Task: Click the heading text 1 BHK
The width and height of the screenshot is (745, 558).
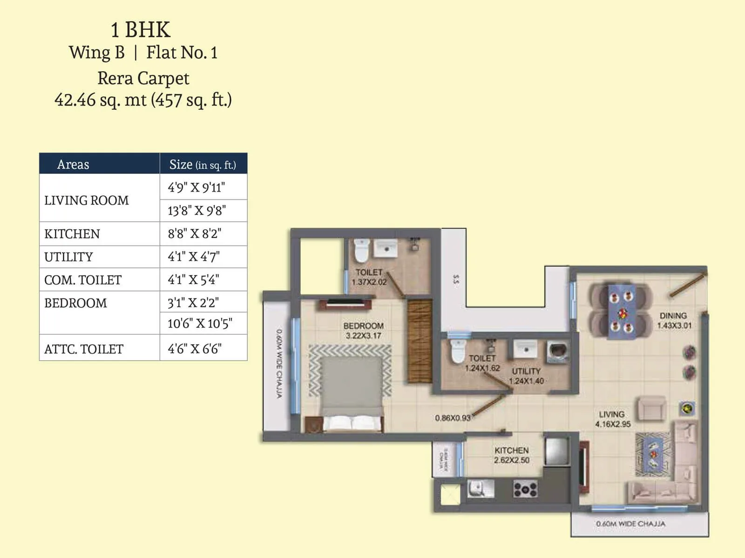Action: [141, 30]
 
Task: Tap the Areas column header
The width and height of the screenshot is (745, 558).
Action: [73, 165]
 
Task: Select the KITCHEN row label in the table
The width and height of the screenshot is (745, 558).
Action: [72, 234]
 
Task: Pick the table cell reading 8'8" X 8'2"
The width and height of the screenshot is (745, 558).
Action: [195, 233]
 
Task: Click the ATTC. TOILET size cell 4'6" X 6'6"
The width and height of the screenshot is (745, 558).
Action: [195, 349]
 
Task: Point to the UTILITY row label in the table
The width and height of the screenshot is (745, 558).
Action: [68, 257]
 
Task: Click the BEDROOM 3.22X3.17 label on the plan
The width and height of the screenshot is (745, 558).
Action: [363, 331]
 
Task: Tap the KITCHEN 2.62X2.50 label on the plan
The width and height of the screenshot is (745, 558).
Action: [511, 455]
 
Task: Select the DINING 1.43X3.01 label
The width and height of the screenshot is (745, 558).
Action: [674, 320]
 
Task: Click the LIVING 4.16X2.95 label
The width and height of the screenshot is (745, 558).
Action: [612, 419]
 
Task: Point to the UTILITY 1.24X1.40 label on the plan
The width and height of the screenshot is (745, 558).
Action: [526, 376]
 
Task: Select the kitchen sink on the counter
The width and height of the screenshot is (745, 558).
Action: [480, 488]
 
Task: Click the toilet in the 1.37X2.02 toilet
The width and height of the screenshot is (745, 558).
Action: [361, 251]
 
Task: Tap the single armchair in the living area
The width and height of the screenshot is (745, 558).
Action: [651, 408]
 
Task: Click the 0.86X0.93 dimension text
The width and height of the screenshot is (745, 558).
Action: [452, 418]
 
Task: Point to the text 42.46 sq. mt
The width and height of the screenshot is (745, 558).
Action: [100, 100]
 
